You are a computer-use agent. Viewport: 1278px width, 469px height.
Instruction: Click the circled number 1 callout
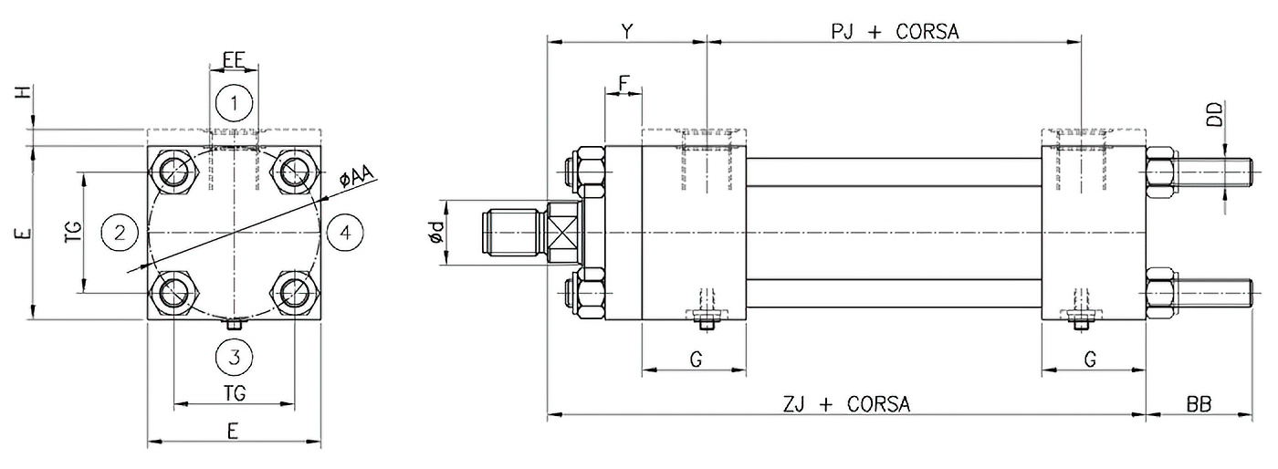coord(235,104)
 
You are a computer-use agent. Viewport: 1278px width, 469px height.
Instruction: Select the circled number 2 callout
coord(120,233)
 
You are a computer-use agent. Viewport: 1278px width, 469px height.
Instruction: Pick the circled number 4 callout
coord(344,233)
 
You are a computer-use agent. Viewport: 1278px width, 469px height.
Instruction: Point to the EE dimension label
coord(234,59)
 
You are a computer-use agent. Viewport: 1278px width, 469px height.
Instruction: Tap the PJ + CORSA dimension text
coord(894,31)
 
